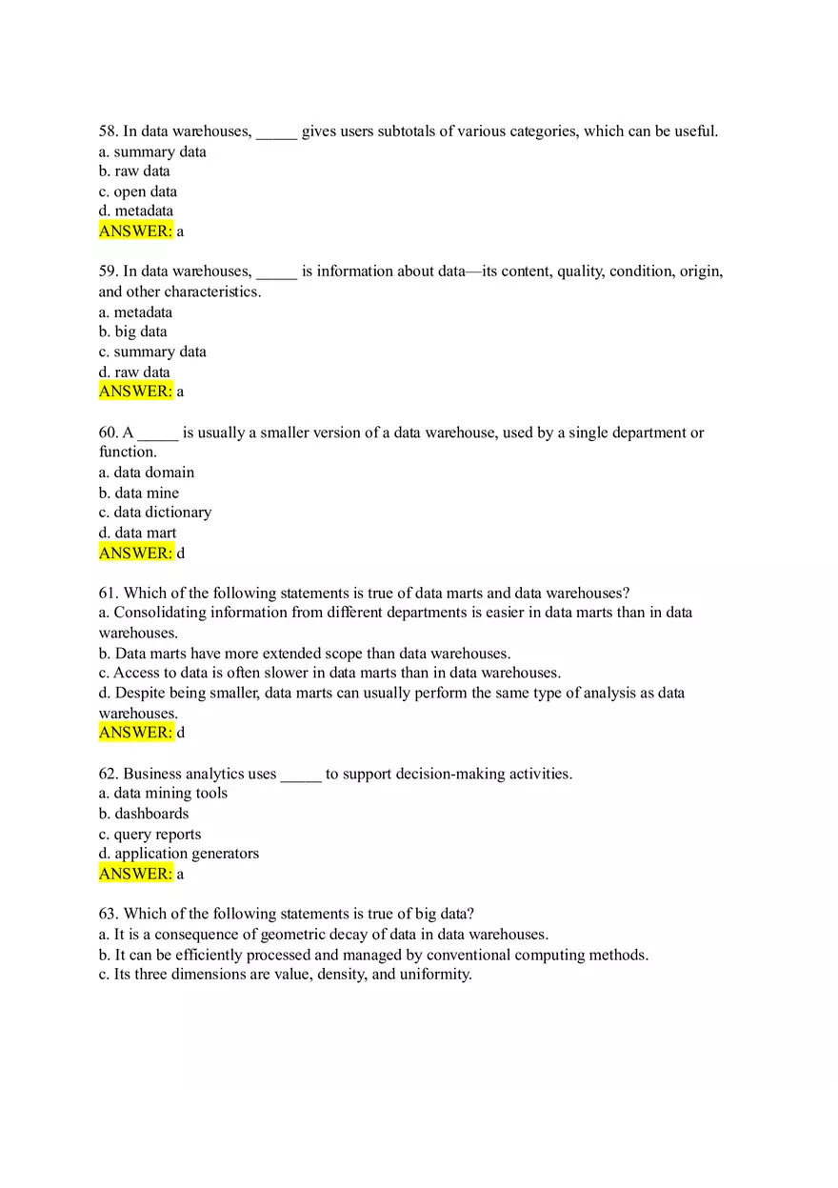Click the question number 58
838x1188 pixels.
(x=108, y=131)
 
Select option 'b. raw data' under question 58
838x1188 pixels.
(x=134, y=171)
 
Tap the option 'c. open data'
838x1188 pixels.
(x=137, y=191)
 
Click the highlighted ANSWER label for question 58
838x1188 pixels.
(x=135, y=231)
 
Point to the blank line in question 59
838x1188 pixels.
(x=276, y=272)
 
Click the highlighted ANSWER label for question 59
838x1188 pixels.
(x=135, y=392)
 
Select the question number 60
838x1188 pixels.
(x=108, y=433)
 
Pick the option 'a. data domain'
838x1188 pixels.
(x=146, y=473)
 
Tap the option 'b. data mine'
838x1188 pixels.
(x=138, y=493)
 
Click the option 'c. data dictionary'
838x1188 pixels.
(x=154, y=513)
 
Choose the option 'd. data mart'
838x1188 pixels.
(x=137, y=533)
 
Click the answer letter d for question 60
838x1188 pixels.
(x=181, y=553)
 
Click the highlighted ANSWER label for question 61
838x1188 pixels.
(x=135, y=733)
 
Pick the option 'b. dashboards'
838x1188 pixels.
(x=143, y=814)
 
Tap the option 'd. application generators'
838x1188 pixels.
(x=178, y=854)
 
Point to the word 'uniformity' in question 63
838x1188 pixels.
(x=433, y=975)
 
